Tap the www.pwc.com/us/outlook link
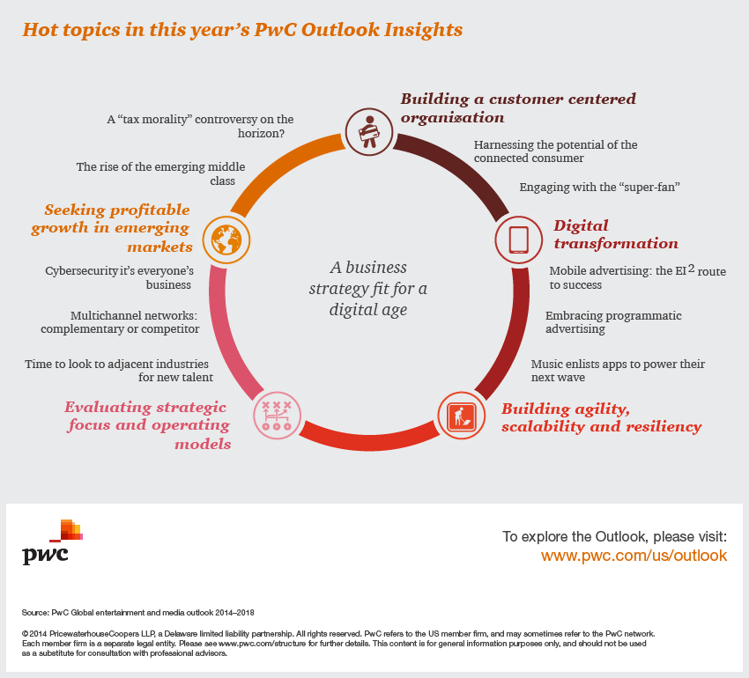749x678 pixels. (634, 556)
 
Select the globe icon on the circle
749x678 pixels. (223, 238)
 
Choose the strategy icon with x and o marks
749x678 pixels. (277, 415)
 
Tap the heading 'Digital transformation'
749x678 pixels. (615, 235)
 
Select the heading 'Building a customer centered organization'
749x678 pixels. (518, 108)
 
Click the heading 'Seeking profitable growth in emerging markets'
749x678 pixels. (112, 228)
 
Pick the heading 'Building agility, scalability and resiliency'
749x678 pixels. (601, 418)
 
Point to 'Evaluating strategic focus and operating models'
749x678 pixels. (147, 425)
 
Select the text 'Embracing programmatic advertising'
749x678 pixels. (613, 322)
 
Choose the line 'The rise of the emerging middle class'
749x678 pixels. (160, 173)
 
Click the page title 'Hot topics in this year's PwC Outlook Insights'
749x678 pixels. (242, 30)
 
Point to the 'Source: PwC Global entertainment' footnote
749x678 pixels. (137, 612)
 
